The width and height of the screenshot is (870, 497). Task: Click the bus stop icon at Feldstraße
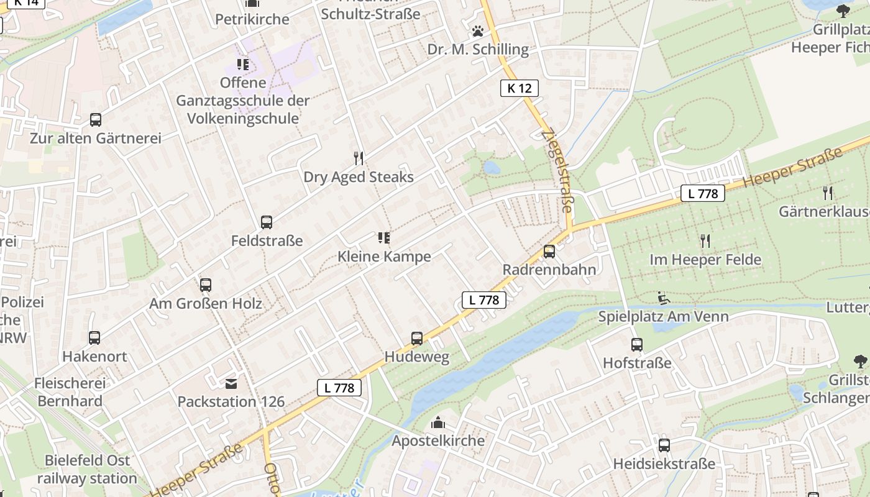pyautogui.click(x=267, y=222)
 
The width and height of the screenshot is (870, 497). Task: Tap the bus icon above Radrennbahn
pyautogui.click(x=549, y=252)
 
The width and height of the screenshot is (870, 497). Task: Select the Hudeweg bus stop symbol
pyautogui.click(x=417, y=339)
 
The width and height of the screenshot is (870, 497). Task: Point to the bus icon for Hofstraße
pyautogui.click(x=637, y=345)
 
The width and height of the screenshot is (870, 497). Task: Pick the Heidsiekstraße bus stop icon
pyautogui.click(x=664, y=445)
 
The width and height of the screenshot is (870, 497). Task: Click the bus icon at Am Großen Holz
pyautogui.click(x=206, y=285)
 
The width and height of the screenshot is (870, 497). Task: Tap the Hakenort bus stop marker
pyautogui.click(x=94, y=338)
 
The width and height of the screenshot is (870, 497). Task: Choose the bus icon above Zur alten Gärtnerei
pyautogui.click(x=95, y=120)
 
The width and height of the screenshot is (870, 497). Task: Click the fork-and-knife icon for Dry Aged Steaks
pyautogui.click(x=358, y=158)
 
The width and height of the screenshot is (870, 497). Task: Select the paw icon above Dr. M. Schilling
pyautogui.click(x=477, y=31)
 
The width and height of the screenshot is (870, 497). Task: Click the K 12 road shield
pyautogui.click(x=519, y=88)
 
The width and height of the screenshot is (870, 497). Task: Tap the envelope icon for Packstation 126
pyautogui.click(x=231, y=384)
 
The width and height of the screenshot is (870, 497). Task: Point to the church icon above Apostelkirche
pyautogui.click(x=438, y=423)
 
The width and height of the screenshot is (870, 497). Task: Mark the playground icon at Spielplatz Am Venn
pyautogui.click(x=663, y=298)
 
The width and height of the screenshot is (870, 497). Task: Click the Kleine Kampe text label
pyautogui.click(x=384, y=257)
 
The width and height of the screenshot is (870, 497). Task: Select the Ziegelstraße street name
pyautogui.click(x=557, y=171)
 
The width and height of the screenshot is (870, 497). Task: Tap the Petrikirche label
pyautogui.click(x=252, y=19)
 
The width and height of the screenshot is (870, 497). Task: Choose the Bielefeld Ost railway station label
pyautogui.click(x=87, y=469)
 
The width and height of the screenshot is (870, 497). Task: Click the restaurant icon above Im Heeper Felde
pyautogui.click(x=705, y=240)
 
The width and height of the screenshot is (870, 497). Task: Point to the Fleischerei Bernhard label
pyautogui.click(x=70, y=392)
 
